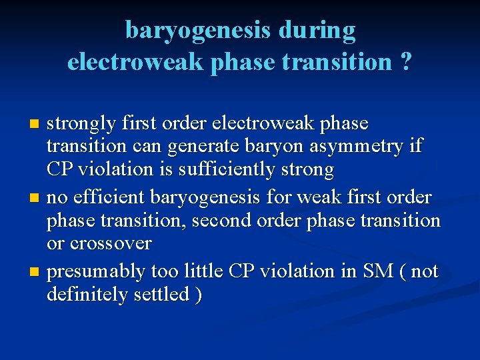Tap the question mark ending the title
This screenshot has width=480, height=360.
(x=405, y=62)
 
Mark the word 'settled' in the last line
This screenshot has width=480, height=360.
(x=163, y=295)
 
